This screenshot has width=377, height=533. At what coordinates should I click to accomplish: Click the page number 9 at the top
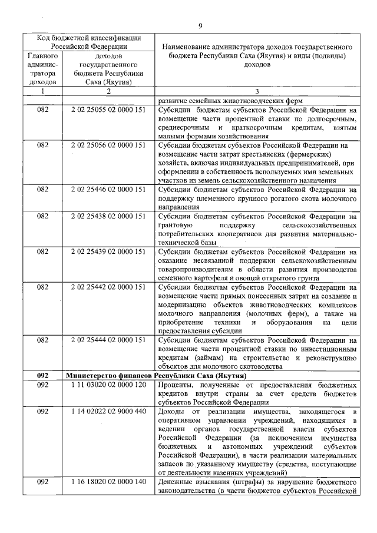tap(200, 25)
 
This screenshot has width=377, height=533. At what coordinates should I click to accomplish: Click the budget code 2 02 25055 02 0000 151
tap(108, 110)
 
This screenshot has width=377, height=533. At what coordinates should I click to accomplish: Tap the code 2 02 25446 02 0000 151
tap(108, 191)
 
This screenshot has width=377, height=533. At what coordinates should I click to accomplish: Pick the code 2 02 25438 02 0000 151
tap(108, 217)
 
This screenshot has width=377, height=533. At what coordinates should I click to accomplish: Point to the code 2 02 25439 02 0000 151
tap(108, 251)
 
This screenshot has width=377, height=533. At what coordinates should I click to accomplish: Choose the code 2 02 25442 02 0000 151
tap(108, 287)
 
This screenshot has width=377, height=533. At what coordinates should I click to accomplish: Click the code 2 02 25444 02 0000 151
tap(108, 340)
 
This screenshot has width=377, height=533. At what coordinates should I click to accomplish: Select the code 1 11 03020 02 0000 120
tap(108, 385)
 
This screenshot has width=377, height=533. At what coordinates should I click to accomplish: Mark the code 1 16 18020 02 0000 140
tap(108, 482)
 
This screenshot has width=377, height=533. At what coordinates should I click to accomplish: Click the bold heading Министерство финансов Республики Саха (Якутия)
tap(156, 375)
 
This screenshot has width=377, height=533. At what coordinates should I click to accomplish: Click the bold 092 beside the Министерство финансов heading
tap(42, 375)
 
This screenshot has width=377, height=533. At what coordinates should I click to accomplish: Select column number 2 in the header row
tap(108, 91)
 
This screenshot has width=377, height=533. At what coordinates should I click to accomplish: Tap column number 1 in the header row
tap(42, 91)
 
